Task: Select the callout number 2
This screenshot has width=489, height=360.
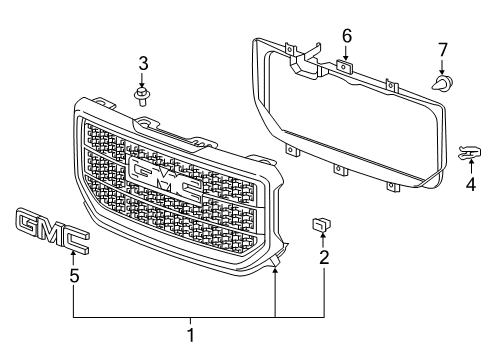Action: tap(323, 257)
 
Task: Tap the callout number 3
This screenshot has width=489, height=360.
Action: tap(142, 64)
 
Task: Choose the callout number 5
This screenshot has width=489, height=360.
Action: tap(73, 275)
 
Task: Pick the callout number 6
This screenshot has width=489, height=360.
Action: tap(346, 36)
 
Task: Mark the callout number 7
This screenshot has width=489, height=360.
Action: tap(443, 49)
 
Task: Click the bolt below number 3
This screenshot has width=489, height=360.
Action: tap(142, 95)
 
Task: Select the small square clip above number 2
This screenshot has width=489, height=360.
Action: tap(322, 225)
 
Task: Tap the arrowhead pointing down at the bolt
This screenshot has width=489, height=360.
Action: tap(142, 82)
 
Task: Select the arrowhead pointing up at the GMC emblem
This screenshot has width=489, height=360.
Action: tap(73, 257)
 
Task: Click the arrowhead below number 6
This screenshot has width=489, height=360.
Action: tap(346, 55)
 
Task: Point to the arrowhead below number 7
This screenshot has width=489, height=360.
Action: tap(443, 69)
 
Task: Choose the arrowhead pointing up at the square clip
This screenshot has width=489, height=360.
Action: tap(323, 241)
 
